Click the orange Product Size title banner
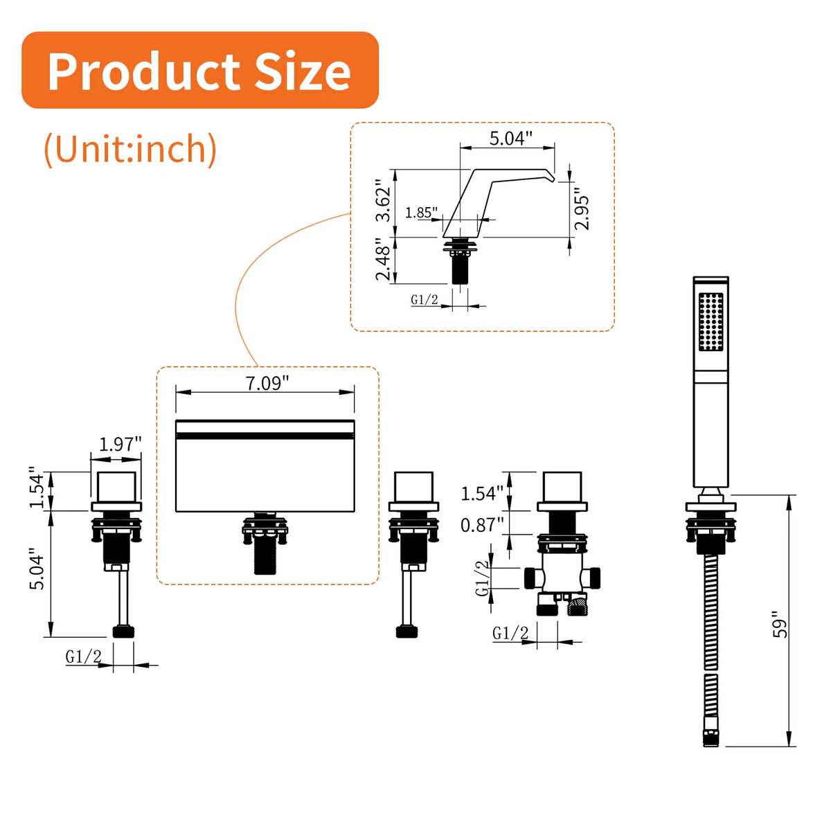[200, 70]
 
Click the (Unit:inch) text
[130, 149]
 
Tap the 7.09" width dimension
[267, 383]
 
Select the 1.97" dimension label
[120, 444]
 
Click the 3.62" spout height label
[383, 200]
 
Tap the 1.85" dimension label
[421, 213]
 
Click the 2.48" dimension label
[383, 259]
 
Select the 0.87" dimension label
[482, 525]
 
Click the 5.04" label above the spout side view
[510, 138]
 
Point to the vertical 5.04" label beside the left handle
[37, 569]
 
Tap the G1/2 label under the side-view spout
[425, 300]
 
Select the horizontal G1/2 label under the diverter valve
[510, 633]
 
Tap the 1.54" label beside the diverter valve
[482, 493]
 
